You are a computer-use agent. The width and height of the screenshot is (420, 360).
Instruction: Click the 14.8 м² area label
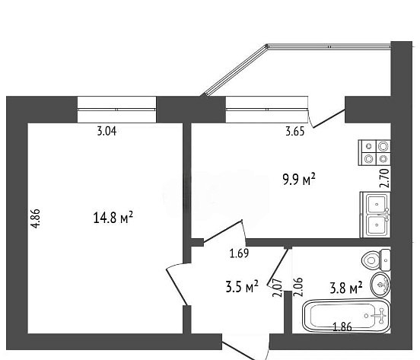tap(113, 217)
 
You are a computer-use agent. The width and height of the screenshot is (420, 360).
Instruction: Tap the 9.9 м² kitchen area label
tap(299, 180)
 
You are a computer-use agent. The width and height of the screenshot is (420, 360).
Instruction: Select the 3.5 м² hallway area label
tap(242, 286)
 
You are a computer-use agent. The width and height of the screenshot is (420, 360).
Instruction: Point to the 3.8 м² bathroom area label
tap(346, 288)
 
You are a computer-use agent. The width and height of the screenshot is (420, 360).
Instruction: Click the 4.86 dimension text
tap(36, 218)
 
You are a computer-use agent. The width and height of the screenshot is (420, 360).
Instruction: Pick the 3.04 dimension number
tap(107, 131)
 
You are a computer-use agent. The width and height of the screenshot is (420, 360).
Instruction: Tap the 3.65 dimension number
tap(295, 132)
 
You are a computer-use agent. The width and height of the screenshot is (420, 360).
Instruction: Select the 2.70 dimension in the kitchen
tap(384, 178)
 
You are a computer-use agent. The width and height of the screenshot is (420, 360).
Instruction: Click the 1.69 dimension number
tap(239, 253)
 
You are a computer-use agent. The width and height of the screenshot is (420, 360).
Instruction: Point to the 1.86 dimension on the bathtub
tap(342, 327)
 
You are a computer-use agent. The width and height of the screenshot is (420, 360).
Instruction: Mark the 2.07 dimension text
tap(278, 288)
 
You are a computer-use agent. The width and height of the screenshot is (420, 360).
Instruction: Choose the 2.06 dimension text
tap(298, 287)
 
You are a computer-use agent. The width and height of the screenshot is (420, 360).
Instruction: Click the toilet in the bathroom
tap(376, 260)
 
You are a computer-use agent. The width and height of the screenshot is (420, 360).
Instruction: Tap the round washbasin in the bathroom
tap(380, 284)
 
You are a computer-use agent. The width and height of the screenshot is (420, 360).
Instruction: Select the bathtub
tap(346, 316)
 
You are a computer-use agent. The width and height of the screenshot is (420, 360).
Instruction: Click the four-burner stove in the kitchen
tap(374, 153)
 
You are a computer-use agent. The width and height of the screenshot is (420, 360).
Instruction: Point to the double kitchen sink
tap(375, 215)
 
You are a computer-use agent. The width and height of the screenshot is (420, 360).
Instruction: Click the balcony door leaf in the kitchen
tap(329, 119)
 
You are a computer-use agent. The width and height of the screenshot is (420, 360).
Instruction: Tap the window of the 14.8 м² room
tap(116, 110)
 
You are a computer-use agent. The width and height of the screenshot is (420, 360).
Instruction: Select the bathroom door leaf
tap(278, 267)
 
